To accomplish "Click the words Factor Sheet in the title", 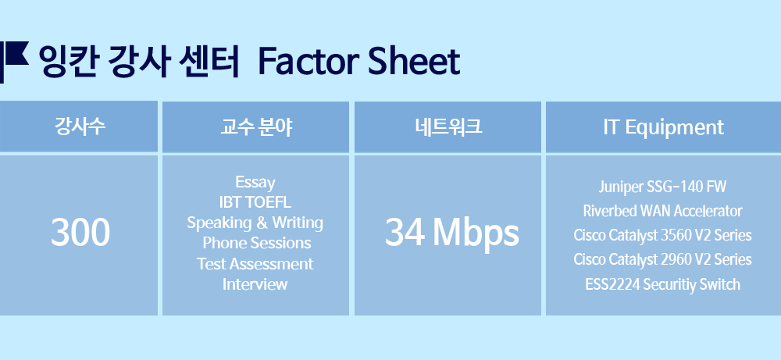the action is pyautogui.click(x=358, y=61).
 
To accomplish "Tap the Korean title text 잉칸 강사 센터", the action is pyautogui.click(x=139, y=61).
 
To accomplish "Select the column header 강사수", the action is pyautogui.click(x=80, y=127).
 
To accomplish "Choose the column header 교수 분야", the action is pyautogui.click(x=256, y=127).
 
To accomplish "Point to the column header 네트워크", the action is pyautogui.click(x=448, y=127).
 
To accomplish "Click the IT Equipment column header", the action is pyautogui.click(x=663, y=128).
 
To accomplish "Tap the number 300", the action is pyautogui.click(x=80, y=233).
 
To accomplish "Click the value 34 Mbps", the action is pyautogui.click(x=451, y=233).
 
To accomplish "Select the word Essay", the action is pyautogui.click(x=255, y=182).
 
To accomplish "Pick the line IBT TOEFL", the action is pyautogui.click(x=255, y=202).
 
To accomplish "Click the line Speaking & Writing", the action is pyautogui.click(x=255, y=223).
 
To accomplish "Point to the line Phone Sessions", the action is pyautogui.click(x=256, y=243).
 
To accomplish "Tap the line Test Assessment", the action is pyautogui.click(x=255, y=263).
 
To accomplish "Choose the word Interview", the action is pyautogui.click(x=255, y=283).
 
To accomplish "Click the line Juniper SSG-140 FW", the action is pyautogui.click(x=662, y=187).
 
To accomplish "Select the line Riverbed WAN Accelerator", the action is pyautogui.click(x=662, y=211).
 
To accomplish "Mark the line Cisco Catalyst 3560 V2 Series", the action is pyautogui.click(x=662, y=236).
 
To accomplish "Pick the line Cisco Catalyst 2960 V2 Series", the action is pyautogui.click(x=662, y=260).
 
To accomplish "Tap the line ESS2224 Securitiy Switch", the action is pyautogui.click(x=662, y=285).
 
